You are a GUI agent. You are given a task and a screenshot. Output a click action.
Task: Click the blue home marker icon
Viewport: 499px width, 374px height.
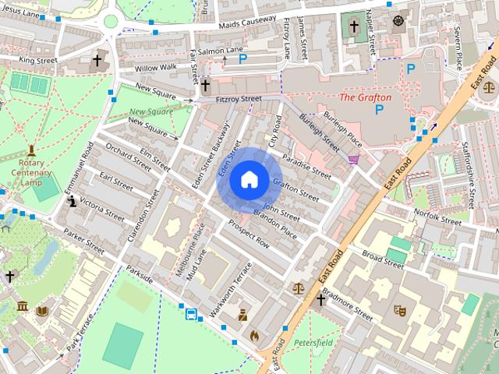[249, 180]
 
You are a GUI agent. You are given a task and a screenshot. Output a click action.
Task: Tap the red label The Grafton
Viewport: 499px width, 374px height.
[365, 97]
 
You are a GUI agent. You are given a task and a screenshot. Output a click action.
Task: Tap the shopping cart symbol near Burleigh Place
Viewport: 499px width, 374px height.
[356, 160]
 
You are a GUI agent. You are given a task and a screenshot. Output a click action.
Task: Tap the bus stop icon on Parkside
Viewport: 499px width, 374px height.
[191, 314]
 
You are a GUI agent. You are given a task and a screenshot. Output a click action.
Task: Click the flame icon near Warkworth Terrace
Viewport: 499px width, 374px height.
[254, 336]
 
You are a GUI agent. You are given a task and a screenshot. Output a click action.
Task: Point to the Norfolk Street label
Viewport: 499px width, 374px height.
[437, 217]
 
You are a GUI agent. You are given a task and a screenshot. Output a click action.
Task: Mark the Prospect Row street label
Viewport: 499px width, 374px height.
[248, 233]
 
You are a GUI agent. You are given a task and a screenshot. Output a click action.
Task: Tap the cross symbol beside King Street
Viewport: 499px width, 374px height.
[97, 59]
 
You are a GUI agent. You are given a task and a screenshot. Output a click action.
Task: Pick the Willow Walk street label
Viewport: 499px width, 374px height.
[156, 68]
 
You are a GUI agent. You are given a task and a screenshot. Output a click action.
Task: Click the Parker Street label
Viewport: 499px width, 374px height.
[84, 237]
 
